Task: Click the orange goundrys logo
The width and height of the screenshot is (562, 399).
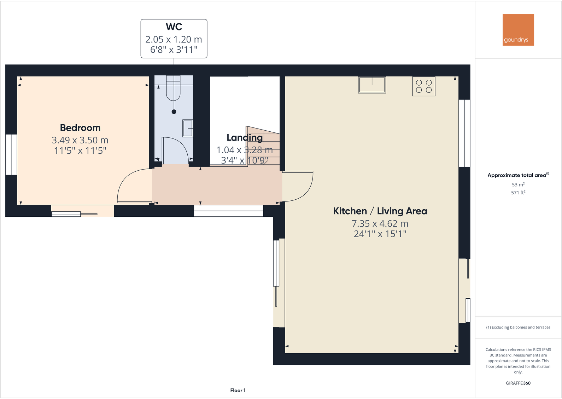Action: [x=518, y=30]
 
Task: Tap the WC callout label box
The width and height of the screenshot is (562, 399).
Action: [x=174, y=39]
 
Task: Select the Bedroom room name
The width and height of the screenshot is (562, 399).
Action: [x=80, y=128]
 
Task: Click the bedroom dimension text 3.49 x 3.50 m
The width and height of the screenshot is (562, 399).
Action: [x=80, y=140]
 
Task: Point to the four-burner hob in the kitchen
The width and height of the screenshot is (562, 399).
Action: [x=424, y=86]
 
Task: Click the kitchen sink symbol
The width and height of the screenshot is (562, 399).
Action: [x=372, y=85]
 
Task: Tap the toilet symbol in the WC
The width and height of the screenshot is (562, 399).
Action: [x=174, y=90]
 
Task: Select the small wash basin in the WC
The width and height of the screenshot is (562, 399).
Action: [x=188, y=128]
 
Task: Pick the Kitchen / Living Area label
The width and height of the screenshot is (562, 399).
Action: [x=380, y=211]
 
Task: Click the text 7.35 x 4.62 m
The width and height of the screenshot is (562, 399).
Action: [x=380, y=224]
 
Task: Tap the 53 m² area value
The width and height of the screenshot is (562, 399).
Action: [x=518, y=185]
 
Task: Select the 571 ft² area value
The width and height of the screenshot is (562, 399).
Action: [x=518, y=193]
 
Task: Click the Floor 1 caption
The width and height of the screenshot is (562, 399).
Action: [x=238, y=391]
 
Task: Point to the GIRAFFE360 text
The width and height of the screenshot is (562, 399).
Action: [x=518, y=383]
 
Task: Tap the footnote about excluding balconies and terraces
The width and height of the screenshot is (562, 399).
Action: [x=518, y=327]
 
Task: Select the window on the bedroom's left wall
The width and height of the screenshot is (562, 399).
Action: [x=11, y=154]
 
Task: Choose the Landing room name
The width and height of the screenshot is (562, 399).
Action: [x=245, y=138]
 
